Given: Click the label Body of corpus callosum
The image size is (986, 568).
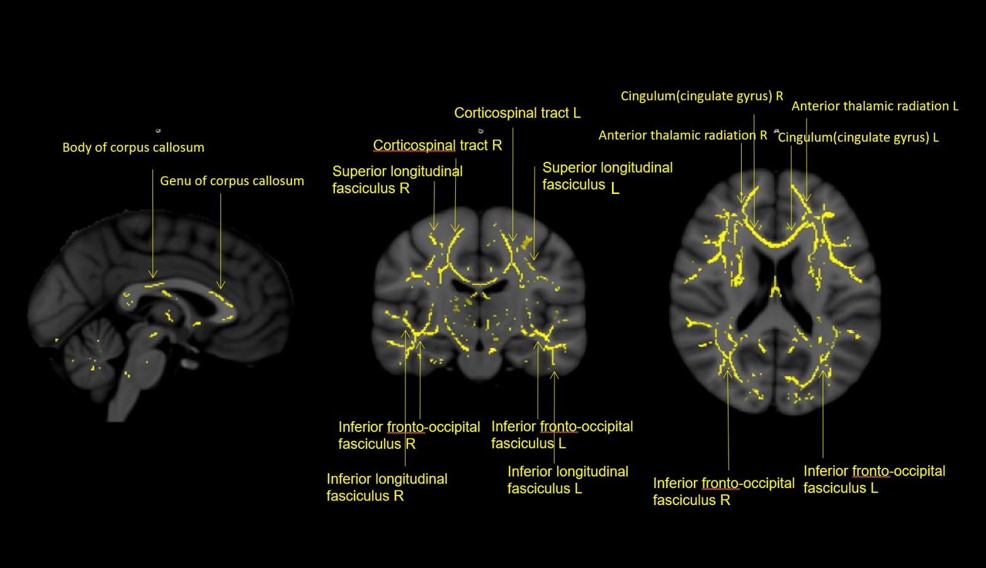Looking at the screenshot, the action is tap(133, 147).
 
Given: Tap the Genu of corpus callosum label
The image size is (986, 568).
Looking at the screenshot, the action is tap(232, 181).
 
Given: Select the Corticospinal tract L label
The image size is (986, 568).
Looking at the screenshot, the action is tap(517, 113).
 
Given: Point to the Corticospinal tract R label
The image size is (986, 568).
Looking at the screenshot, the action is tap(437, 145).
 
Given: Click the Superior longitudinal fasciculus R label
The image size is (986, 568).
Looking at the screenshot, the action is tap(397, 179).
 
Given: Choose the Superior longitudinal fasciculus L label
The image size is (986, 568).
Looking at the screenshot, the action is tap(607, 176).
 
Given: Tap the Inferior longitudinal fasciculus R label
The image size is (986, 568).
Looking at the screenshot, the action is tap(387, 487).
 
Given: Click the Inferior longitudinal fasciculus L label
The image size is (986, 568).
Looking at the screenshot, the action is tap(567, 480).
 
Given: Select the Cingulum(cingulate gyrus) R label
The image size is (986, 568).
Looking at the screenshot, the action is tap(701, 96).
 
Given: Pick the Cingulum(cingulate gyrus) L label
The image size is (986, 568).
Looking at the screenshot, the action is tap(858, 137).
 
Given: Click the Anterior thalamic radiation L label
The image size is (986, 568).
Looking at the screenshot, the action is tap(875, 106).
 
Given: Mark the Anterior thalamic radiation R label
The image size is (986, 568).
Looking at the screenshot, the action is tap(683, 135).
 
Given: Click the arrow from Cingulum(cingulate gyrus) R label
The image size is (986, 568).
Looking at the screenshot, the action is tap(754, 170).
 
